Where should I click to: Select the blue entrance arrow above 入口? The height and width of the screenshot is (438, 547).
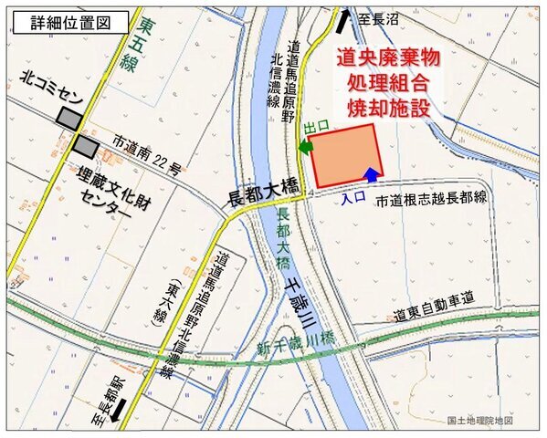pos(371,174)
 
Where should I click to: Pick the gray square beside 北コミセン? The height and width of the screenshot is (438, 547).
pos(68,116)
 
